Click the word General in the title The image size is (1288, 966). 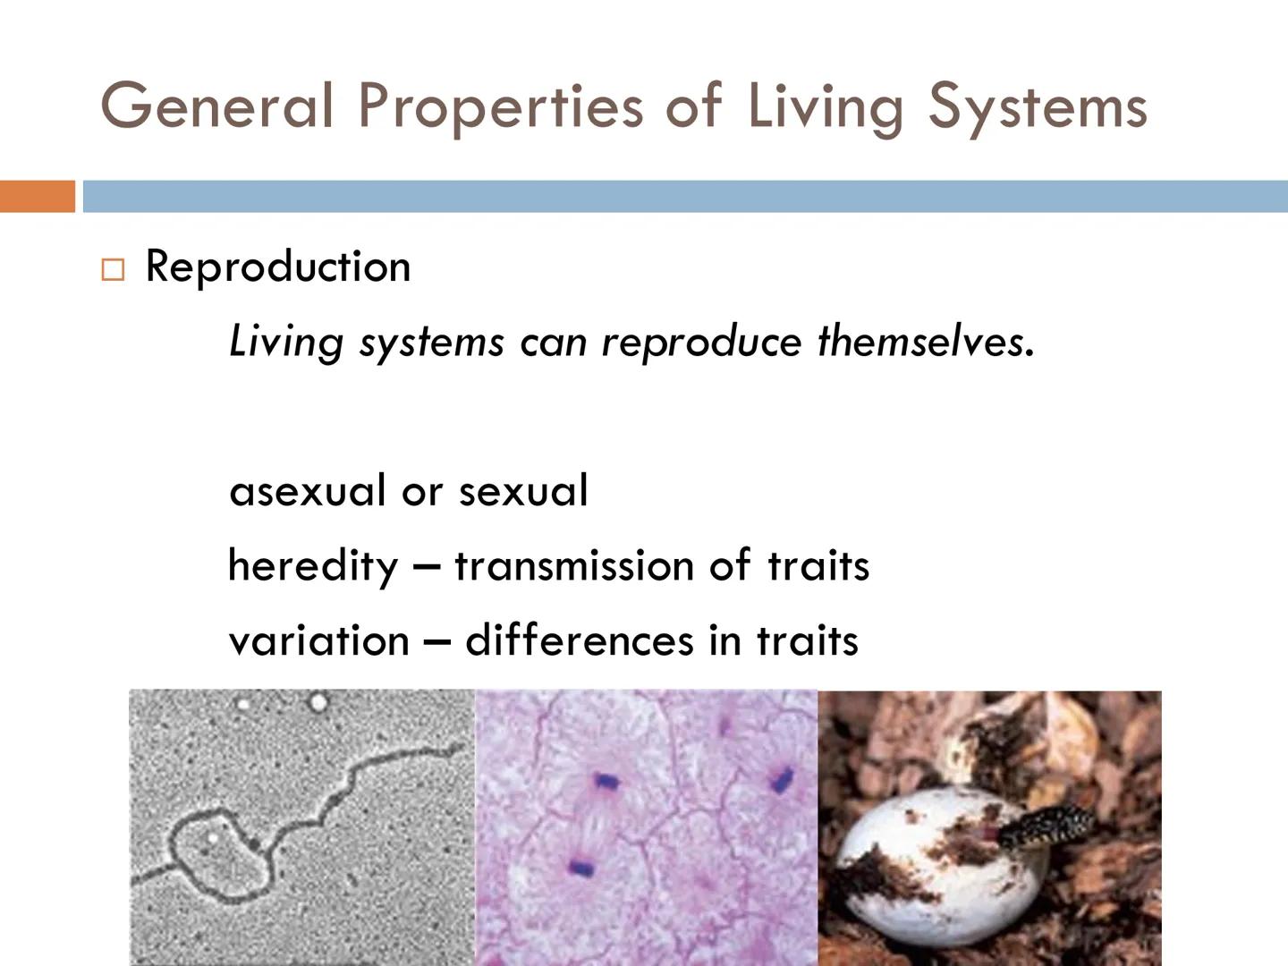[x=216, y=106]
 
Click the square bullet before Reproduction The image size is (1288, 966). [x=113, y=269]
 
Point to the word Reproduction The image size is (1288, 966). [x=277, y=267]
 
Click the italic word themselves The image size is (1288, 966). [x=925, y=341]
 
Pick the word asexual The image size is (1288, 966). [x=308, y=490]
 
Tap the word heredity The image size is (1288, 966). [x=313, y=566]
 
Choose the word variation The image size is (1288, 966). [x=318, y=640]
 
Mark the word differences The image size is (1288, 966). [x=580, y=640]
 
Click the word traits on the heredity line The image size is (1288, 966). [x=818, y=565]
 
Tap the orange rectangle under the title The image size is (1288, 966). [x=38, y=196]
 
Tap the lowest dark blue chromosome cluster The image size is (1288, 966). [x=580, y=867]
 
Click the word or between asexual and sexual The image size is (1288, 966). [x=421, y=491]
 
